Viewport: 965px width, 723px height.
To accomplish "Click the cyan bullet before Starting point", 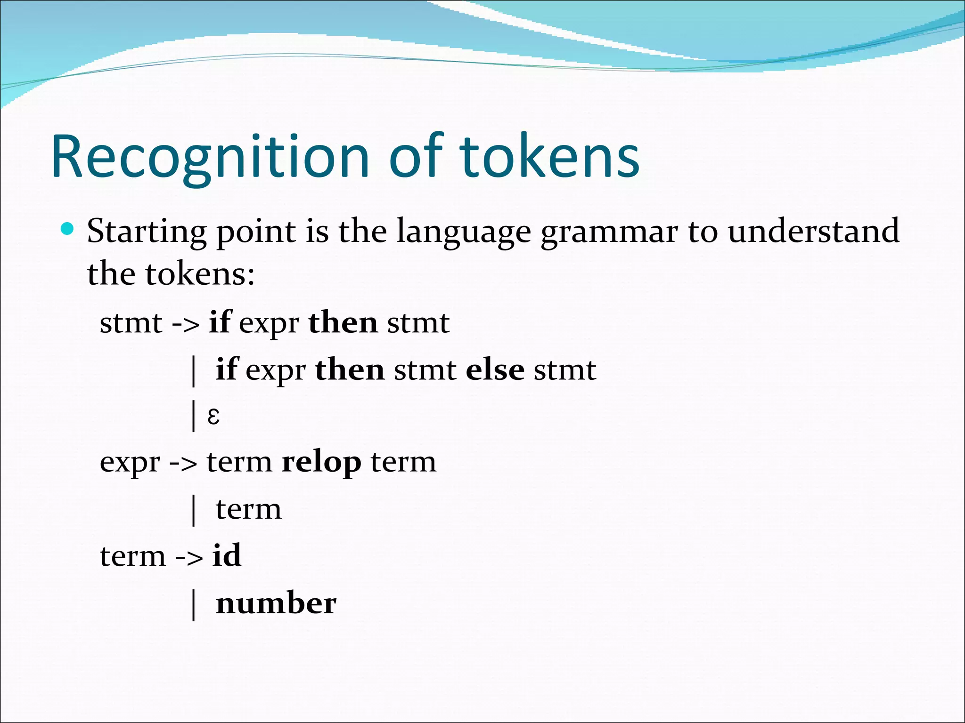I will [68, 229].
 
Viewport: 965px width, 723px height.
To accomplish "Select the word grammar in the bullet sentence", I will [609, 232].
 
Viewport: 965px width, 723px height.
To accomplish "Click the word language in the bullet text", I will [464, 232].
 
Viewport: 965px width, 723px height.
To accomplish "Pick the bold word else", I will [495, 370].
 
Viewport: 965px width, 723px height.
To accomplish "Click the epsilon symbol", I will [213, 416].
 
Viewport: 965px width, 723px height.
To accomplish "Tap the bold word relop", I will [321, 462].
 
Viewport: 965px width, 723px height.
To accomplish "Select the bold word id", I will [227, 555].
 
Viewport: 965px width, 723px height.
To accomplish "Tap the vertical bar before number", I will [194, 605].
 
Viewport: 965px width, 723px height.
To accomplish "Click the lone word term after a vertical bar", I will [248, 510].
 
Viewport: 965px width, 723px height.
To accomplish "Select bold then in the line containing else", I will [350, 370].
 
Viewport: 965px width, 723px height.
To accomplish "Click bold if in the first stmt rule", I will [220, 322].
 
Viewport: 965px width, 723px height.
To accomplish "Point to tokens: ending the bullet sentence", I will [200, 274].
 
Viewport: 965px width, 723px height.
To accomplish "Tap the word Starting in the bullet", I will [147, 232].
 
